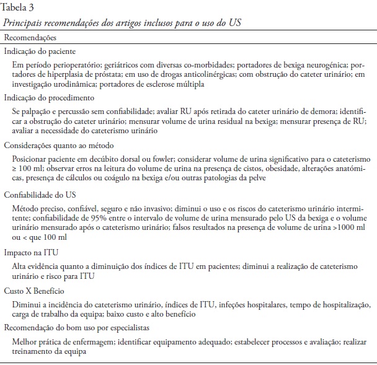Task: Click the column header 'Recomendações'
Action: (30, 38)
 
